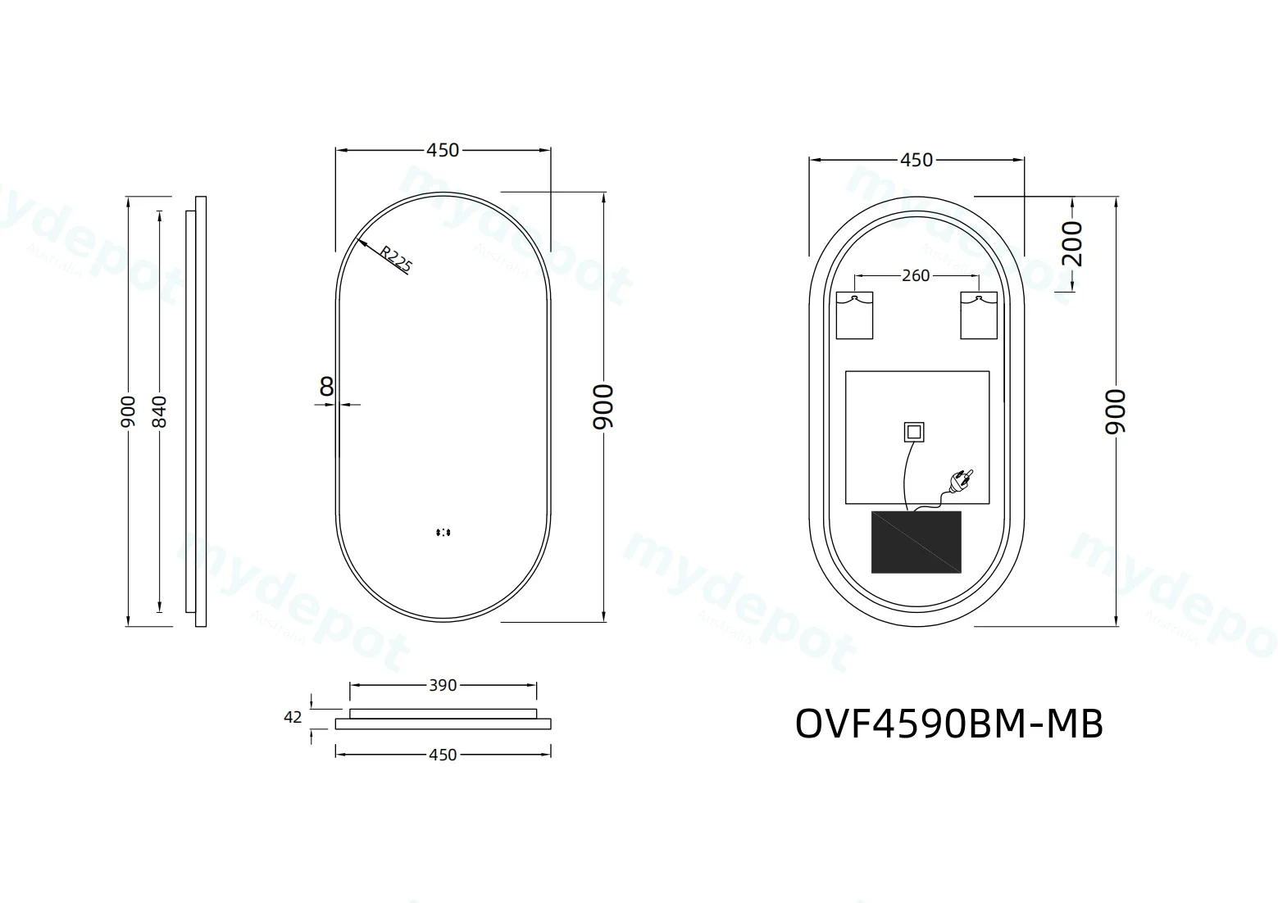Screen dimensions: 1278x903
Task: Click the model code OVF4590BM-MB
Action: point(948,724)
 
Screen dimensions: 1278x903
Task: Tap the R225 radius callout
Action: point(396,258)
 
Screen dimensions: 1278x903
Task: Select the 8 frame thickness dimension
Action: point(326,387)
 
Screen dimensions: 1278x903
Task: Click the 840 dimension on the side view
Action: point(159,411)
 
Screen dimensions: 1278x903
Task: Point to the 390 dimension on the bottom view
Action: point(443,685)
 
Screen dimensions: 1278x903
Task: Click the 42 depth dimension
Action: point(293,717)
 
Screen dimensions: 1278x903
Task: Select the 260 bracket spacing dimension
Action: point(916,275)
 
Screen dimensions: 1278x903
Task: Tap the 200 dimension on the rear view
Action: point(1072,243)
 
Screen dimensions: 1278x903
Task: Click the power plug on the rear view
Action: point(962,479)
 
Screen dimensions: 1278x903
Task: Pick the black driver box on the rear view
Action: point(916,542)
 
